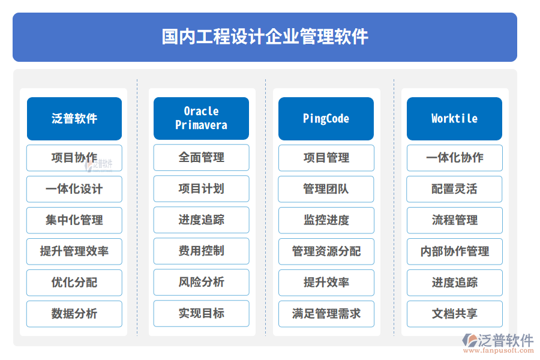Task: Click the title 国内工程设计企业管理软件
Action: click(x=265, y=37)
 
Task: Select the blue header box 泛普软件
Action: click(x=74, y=118)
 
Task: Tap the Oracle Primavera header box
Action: click(x=201, y=118)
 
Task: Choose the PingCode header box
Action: click(x=326, y=118)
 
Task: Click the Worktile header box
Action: click(x=454, y=118)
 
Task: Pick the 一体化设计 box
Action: click(x=74, y=189)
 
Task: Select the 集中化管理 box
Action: click(x=74, y=220)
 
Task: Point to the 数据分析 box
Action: click(x=74, y=314)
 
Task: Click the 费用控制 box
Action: click(x=201, y=251)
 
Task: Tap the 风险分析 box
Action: click(x=201, y=282)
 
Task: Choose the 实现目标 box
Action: click(x=201, y=313)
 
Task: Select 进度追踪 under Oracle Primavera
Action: click(x=201, y=220)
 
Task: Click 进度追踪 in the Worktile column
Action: click(x=454, y=283)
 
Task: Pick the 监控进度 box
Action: click(x=326, y=220)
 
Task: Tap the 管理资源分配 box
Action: click(x=326, y=251)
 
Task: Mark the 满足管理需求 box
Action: click(x=326, y=314)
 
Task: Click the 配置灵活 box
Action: click(x=454, y=189)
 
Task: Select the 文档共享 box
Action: click(x=454, y=314)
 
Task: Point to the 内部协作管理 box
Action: click(x=454, y=251)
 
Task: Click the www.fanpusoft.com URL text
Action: click(x=500, y=352)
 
